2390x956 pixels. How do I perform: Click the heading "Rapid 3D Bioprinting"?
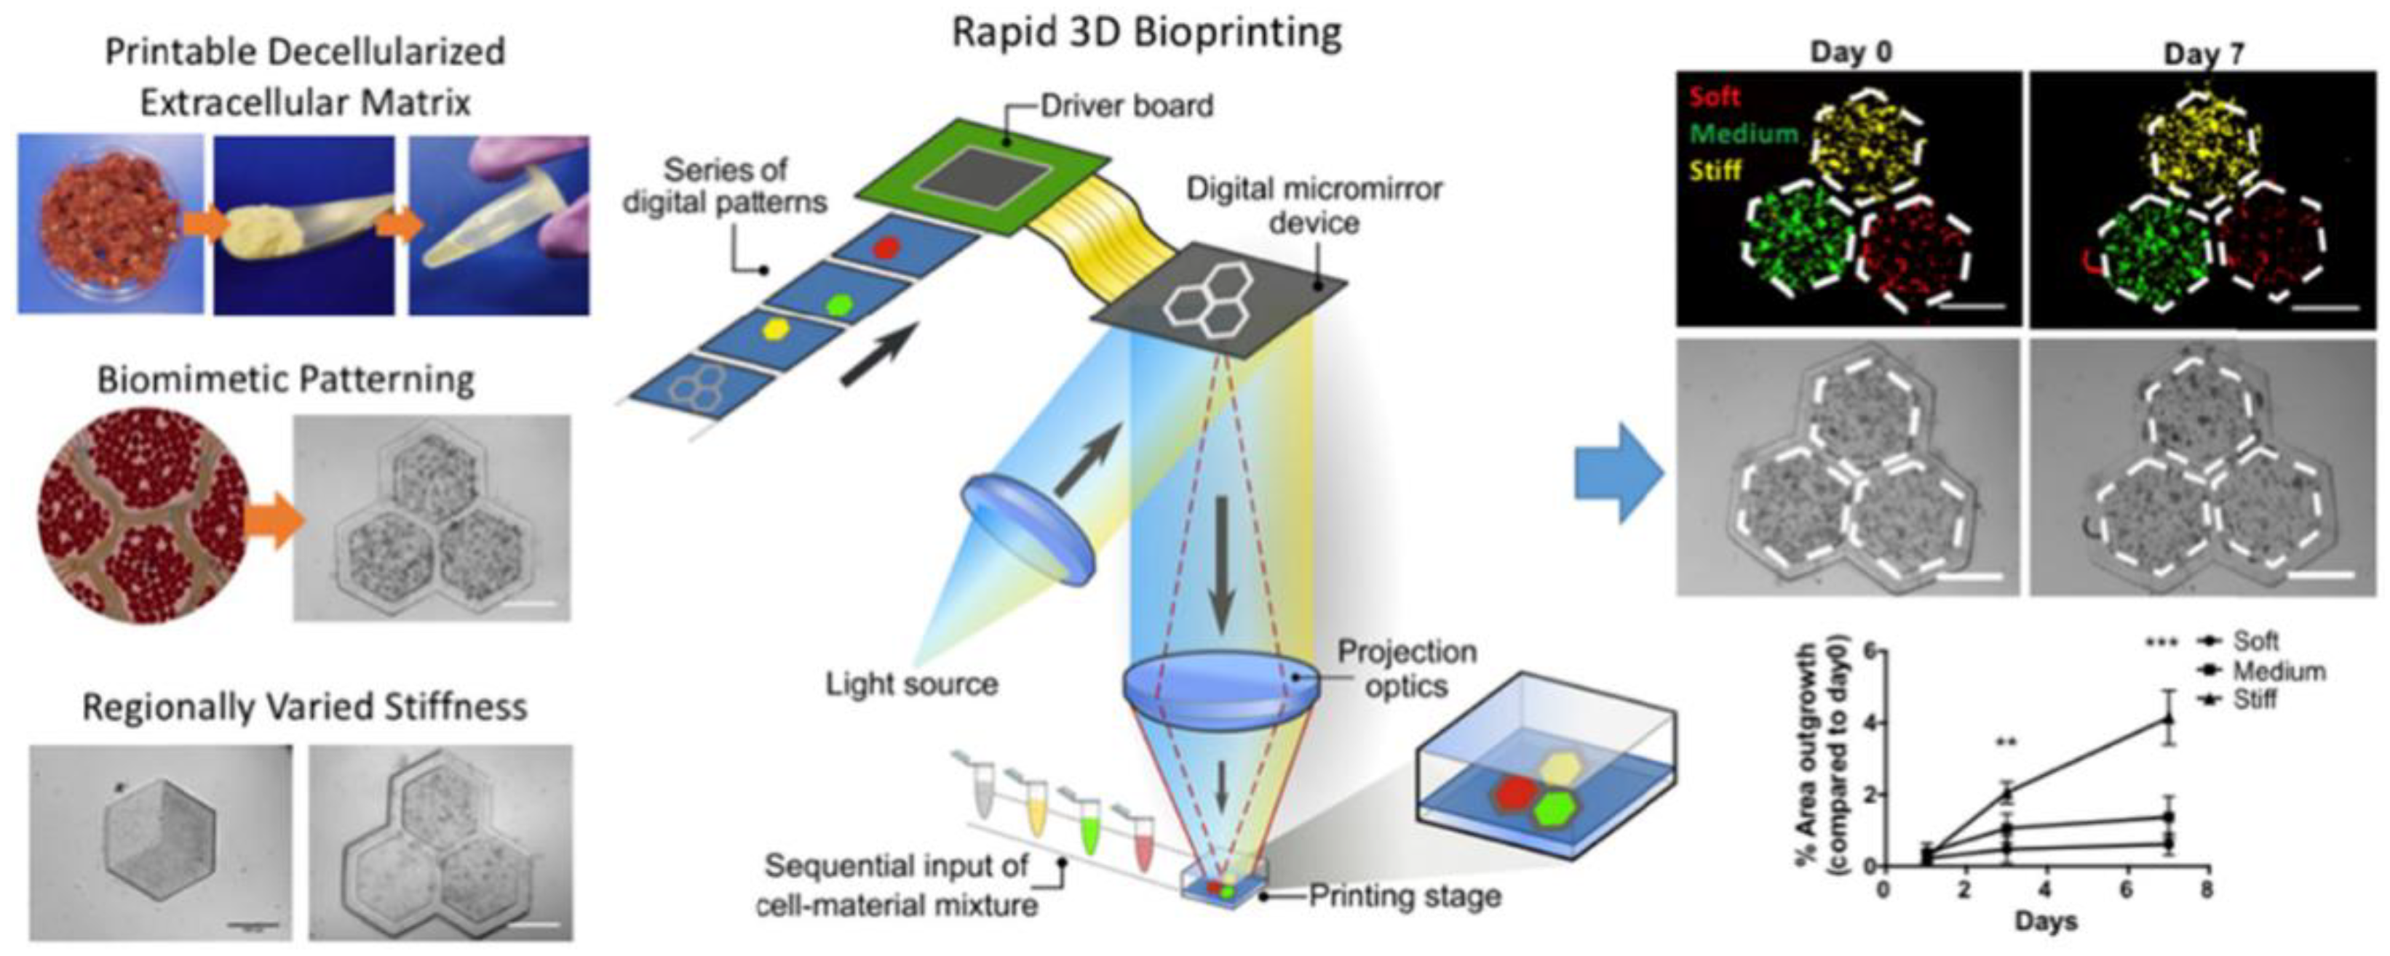[1147, 33]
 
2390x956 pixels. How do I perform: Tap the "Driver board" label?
[1127, 105]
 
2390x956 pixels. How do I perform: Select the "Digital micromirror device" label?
[1314, 206]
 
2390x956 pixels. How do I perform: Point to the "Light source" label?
[912, 684]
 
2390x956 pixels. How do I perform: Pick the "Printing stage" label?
[1404, 896]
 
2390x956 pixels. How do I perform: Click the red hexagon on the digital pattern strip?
[888, 248]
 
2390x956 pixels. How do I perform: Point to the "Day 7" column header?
[2204, 54]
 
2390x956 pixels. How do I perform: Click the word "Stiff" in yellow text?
[1715, 172]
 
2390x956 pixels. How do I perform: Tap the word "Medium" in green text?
[1744, 134]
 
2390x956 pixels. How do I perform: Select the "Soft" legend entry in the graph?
[2255, 640]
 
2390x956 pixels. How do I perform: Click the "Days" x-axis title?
[2045, 923]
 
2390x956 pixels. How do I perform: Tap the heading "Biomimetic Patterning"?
[286, 380]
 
